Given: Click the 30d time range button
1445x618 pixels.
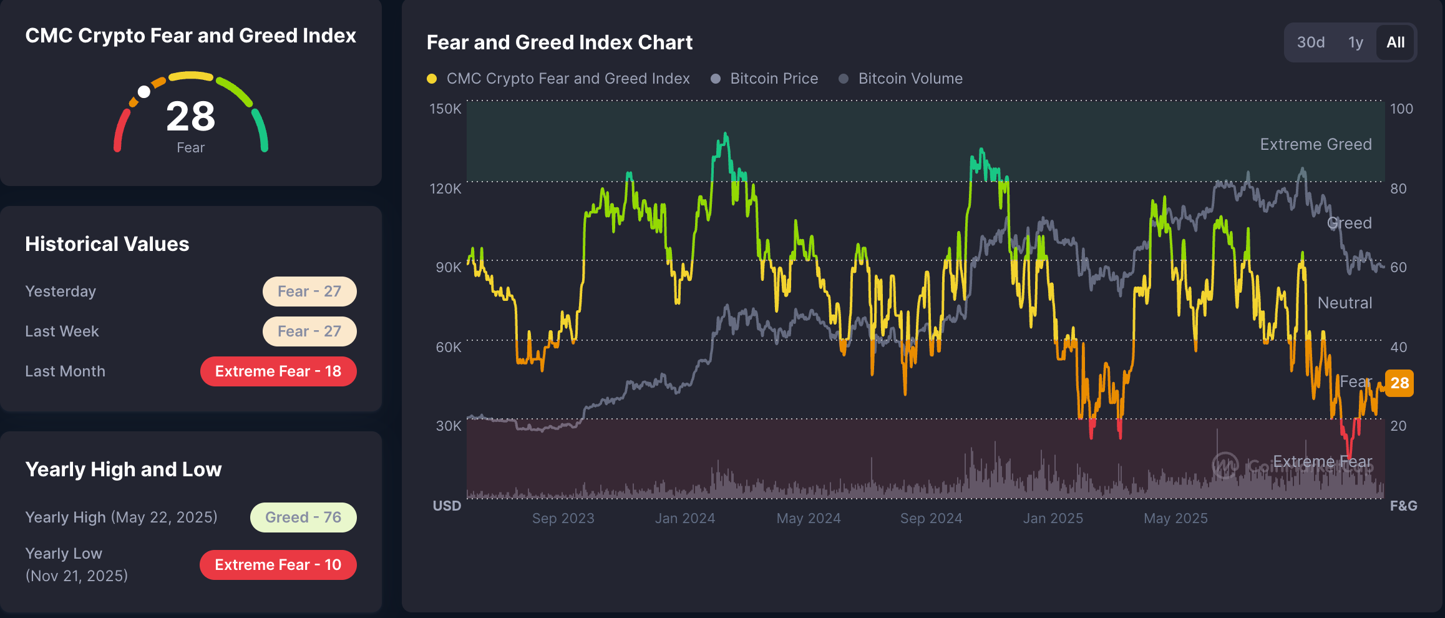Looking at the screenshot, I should pyautogui.click(x=1310, y=42).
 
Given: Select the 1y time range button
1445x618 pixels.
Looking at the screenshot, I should pyautogui.click(x=1355, y=42).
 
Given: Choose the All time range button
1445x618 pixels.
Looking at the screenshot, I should pyautogui.click(x=1395, y=42).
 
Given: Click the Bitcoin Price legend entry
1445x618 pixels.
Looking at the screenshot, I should pyautogui.click(x=774, y=79).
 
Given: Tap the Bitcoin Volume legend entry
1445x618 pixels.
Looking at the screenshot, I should pyautogui.click(x=910, y=79).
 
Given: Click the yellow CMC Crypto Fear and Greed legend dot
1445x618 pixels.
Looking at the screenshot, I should pyautogui.click(x=432, y=79).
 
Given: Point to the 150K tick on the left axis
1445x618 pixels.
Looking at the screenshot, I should pyautogui.click(x=445, y=109).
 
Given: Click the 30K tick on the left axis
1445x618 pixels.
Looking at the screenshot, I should pyautogui.click(x=448, y=426).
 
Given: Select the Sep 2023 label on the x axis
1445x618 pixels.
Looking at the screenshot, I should pyautogui.click(x=563, y=518).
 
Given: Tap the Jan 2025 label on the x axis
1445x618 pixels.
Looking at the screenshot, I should pyautogui.click(x=1053, y=518).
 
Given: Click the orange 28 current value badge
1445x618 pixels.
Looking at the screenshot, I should pyautogui.click(x=1399, y=383).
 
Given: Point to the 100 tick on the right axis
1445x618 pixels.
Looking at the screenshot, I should pyautogui.click(x=1401, y=109).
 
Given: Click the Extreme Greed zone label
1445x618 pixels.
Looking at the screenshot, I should pyautogui.click(x=1315, y=144).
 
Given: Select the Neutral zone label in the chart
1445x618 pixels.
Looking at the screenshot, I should pyautogui.click(x=1345, y=303).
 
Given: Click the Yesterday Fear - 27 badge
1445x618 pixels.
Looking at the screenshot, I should pyautogui.click(x=309, y=292).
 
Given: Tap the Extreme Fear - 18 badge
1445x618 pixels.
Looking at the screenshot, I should pyautogui.click(x=278, y=371).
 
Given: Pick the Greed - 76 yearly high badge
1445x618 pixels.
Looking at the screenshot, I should pyautogui.click(x=303, y=517).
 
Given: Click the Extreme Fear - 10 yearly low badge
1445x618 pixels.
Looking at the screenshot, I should pyautogui.click(x=278, y=565).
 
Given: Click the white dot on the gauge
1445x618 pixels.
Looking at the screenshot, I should pyautogui.click(x=144, y=92).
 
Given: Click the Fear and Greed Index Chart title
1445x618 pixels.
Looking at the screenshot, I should pyautogui.click(x=559, y=42).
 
